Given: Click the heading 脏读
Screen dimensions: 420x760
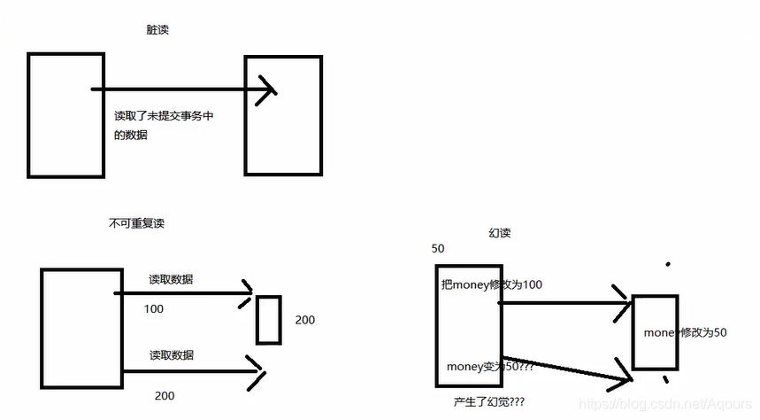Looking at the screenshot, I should click(x=157, y=30).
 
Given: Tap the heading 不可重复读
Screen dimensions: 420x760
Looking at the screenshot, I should click(x=136, y=223).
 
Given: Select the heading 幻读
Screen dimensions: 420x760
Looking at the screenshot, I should click(x=500, y=233).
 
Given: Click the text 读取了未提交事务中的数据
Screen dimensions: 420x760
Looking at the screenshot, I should click(x=164, y=125).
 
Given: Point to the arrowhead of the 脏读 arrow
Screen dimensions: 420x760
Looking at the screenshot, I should click(x=269, y=89).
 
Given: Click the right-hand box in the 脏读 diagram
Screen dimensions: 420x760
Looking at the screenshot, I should click(x=282, y=115).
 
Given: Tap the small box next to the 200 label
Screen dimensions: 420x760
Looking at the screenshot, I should click(x=268, y=320).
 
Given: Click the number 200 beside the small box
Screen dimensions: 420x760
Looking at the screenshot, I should click(x=304, y=320).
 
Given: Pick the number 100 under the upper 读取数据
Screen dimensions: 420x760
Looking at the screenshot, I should click(x=154, y=309).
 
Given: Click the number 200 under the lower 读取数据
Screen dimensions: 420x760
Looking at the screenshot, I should click(x=165, y=395).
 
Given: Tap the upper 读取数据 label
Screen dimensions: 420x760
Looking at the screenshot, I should click(x=172, y=280).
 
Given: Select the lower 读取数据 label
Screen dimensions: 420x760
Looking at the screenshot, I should click(x=172, y=355).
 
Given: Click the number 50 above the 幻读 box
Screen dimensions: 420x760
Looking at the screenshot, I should click(x=437, y=248).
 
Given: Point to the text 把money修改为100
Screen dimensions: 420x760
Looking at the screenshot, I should click(x=492, y=284).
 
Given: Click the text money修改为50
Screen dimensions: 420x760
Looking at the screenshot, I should click(x=685, y=332).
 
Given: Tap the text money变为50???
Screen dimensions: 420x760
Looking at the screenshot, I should click(x=488, y=366).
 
